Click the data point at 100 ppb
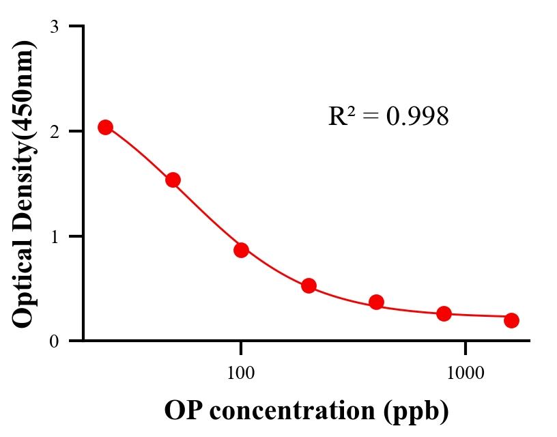point(241,250)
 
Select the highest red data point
point(105,128)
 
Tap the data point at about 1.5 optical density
point(173,180)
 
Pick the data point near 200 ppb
point(309,285)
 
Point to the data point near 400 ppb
point(376,302)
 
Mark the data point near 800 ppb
point(444,313)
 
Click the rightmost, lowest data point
point(511,320)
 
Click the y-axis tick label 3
point(54,27)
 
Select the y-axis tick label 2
point(54,131)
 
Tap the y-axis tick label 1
point(54,236)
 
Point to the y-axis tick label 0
point(54,341)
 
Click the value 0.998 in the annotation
point(417,117)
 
